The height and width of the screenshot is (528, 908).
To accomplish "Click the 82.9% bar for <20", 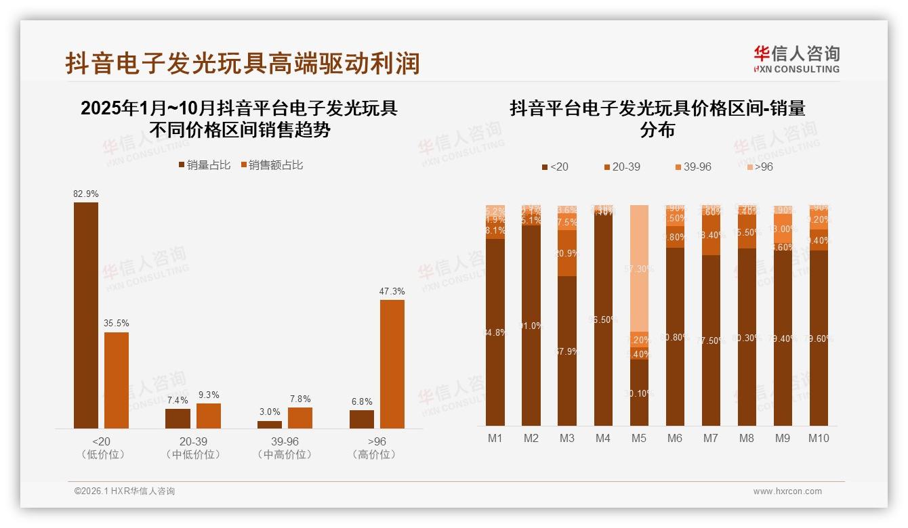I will click(x=86, y=315).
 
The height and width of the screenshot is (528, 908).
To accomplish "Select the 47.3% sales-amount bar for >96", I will click(x=392, y=364).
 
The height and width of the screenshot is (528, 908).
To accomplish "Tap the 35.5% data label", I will click(x=116, y=323).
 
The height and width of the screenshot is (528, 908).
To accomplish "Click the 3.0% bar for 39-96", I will click(x=270, y=424).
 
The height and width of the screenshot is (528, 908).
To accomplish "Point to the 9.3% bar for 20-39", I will click(x=209, y=416).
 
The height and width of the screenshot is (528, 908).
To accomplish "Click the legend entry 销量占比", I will click(x=204, y=164).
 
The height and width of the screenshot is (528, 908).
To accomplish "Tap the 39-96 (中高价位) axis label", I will click(x=285, y=448).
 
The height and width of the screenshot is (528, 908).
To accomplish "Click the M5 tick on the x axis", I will click(x=639, y=438).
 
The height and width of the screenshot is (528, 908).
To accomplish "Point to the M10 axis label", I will click(x=819, y=438).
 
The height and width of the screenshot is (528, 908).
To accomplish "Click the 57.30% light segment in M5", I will click(x=639, y=268).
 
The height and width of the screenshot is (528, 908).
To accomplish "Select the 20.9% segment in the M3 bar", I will click(x=567, y=253).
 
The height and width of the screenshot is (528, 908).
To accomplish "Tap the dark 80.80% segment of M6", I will click(x=675, y=336).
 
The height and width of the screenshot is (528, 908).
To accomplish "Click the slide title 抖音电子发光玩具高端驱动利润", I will click(x=243, y=63).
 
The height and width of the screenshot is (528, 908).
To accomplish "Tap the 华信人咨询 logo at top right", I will click(x=796, y=59).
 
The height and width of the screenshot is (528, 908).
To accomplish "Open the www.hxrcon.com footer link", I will click(x=787, y=491).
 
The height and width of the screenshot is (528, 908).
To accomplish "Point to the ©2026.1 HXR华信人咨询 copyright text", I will click(x=125, y=491).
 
